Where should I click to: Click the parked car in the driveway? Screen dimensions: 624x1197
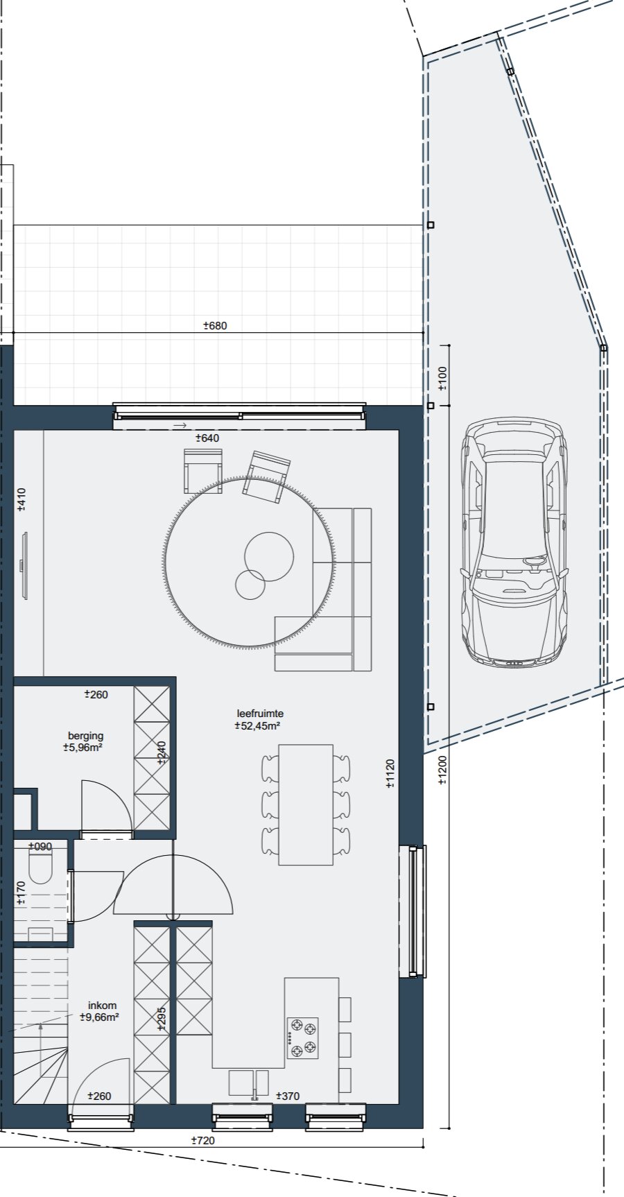tap(514, 543)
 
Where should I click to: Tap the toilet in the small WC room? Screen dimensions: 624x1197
tap(41, 868)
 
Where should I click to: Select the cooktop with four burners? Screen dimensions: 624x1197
tap(303, 1038)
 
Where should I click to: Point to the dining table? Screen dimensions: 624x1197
tap(306, 804)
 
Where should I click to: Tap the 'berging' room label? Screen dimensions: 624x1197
tap(85, 736)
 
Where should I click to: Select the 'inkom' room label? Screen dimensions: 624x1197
tap(102, 1005)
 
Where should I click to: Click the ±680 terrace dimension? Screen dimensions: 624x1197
tap(215, 325)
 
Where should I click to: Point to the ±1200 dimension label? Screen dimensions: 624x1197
tap(443, 770)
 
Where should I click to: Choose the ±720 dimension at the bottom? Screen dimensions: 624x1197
tap(202, 1140)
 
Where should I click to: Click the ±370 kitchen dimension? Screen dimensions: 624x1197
tap(288, 1096)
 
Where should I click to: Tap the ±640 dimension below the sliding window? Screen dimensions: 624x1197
tap(207, 438)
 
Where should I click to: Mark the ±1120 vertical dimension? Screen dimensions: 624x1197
tap(390, 773)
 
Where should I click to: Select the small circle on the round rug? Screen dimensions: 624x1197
tap(250, 585)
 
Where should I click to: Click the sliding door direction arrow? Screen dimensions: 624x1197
tap(180, 425)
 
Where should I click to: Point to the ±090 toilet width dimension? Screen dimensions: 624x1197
tap(40, 846)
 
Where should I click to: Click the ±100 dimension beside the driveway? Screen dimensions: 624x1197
tap(443, 377)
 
